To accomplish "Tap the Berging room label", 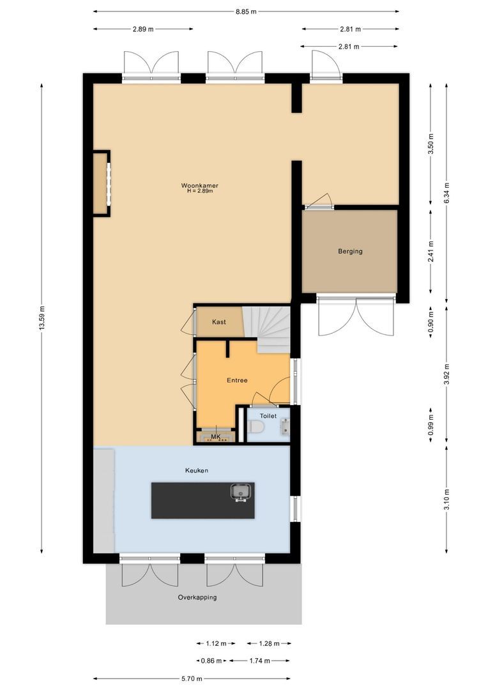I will pos(350,251).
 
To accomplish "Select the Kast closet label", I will pos(219,322).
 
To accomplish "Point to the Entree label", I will pos(237,380).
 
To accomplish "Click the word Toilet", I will pos(268,415).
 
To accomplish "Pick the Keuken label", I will pos(197,470).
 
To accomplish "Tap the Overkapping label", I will pos(197,597).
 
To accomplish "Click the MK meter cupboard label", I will pos(215,437).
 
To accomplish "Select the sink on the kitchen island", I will pos(241,493).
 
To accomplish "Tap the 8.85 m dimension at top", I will pos(246,11).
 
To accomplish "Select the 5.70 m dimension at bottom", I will pos(192,679).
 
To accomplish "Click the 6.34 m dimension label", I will pos(446,192).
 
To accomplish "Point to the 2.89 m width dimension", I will pos(143,29).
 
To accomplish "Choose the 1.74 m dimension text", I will pos(259,661).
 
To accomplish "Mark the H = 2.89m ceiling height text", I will pos(199,191).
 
